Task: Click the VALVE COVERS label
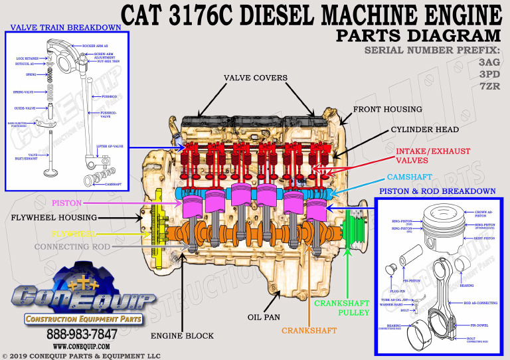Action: point(256,78)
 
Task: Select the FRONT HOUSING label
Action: point(387,109)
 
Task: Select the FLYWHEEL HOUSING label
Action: point(54,217)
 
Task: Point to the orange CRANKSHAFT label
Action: point(309,330)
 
